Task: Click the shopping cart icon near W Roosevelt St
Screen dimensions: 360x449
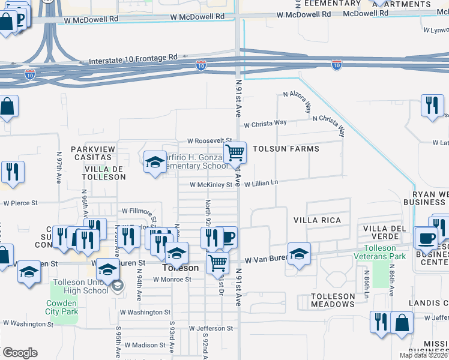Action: click(235, 153)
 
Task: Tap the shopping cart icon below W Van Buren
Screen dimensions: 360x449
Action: click(217, 262)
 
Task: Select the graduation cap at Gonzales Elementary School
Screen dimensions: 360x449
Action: click(155, 161)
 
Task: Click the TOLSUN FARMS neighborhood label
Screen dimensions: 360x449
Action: click(286, 149)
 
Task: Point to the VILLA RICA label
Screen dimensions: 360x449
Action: click(316, 220)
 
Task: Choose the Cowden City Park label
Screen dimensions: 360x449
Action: click(62, 307)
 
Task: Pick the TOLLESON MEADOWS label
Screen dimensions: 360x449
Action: click(333, 300)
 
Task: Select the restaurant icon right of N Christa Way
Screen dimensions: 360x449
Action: click(432, 106)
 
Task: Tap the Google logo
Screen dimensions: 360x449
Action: click(20, 353)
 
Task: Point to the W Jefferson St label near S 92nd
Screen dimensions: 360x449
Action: click(211, 329)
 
